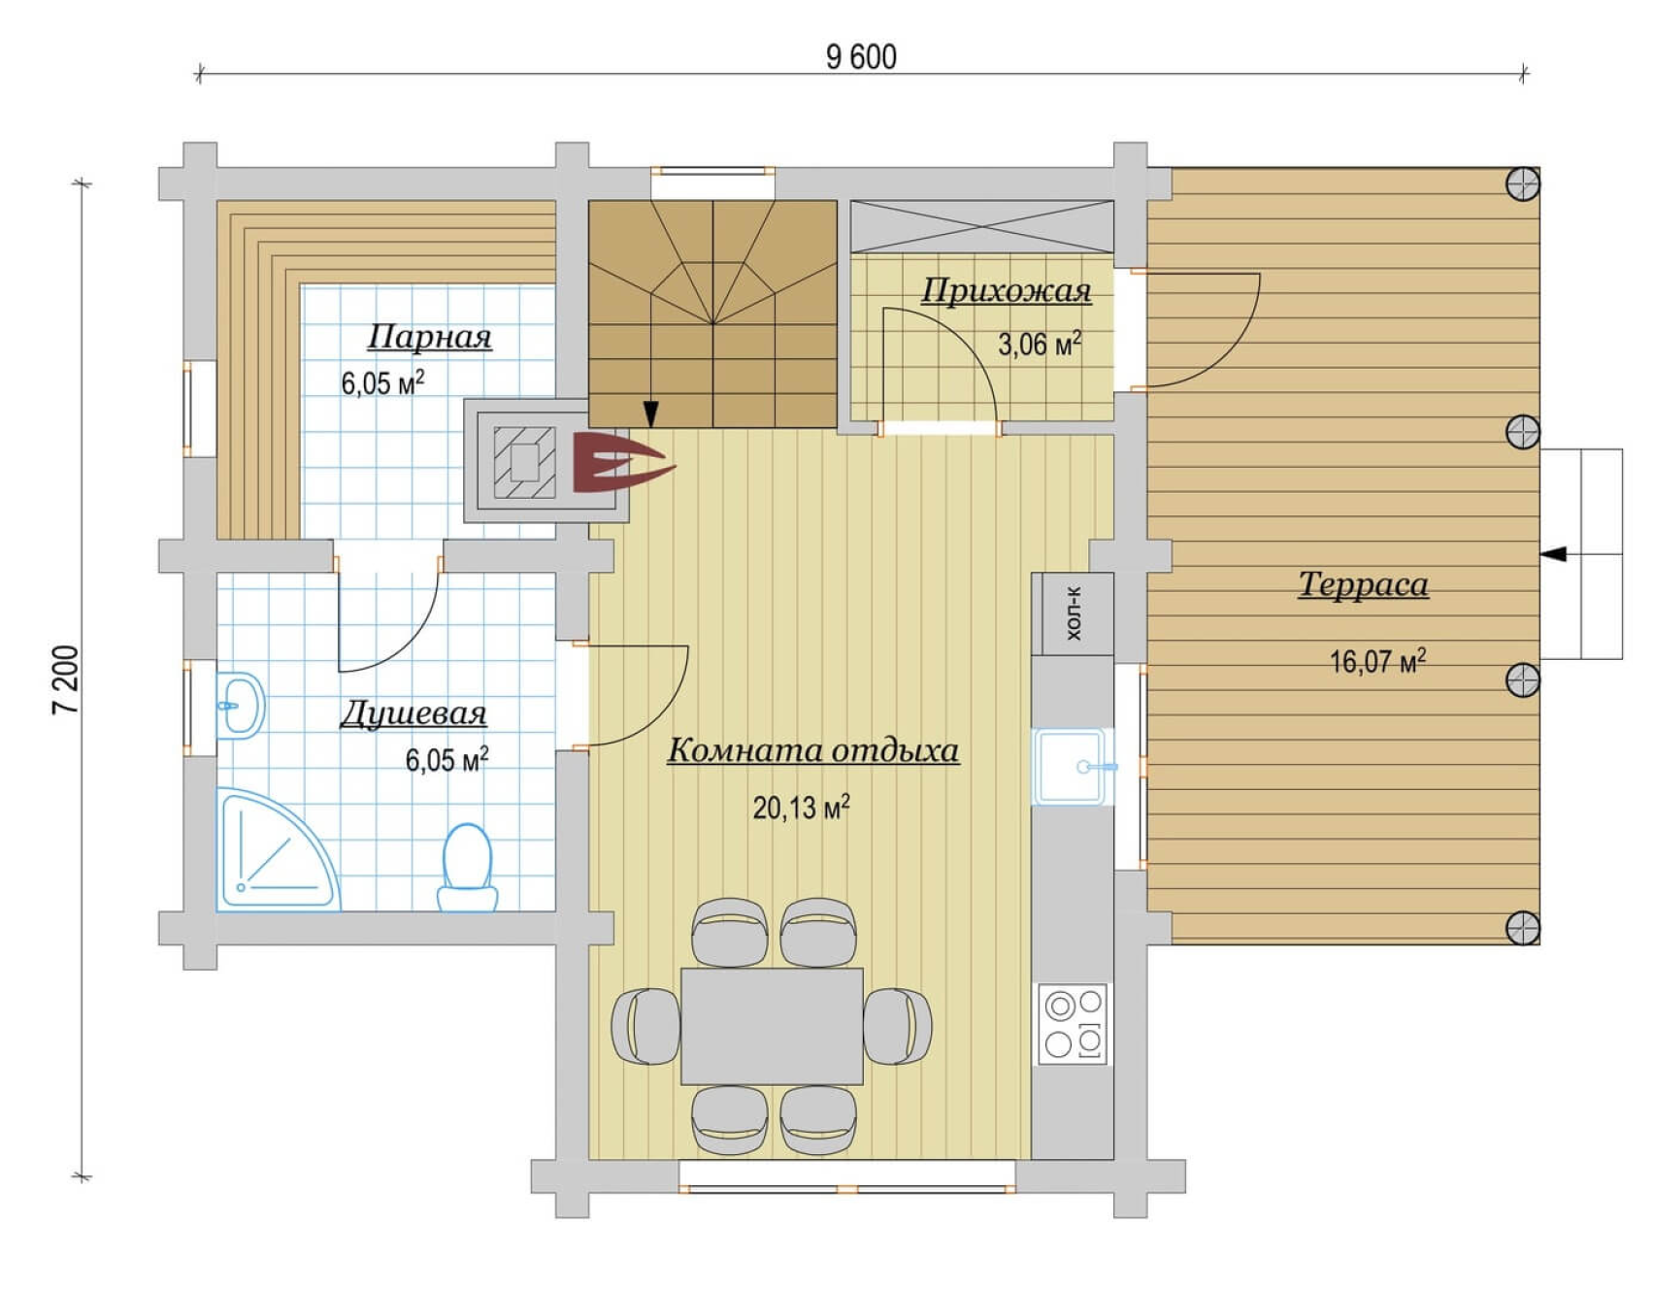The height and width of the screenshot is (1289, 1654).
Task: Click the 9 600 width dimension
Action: (x=861, y=57)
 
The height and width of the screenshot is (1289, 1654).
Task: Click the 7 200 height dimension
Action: (x=66, y=679)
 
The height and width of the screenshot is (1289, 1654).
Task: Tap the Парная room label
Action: (x=429, y=336)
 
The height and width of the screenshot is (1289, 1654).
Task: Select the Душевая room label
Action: (x=413, y=713)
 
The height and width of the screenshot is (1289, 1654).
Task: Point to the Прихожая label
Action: (x=1007, y=289)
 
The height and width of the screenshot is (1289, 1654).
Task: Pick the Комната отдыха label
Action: (x=813, y=749)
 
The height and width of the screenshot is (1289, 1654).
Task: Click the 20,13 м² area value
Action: (x=801, y=807)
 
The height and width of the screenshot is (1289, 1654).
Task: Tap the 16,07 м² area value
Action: (x=1377, y=661)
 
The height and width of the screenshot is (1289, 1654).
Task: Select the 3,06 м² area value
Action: (x=1040, y=343)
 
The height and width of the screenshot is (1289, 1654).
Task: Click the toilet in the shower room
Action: (x=467, y=868)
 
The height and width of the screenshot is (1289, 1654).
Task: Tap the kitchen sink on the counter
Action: (x=1071, y=767)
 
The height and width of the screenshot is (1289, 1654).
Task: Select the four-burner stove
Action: (x=1074, y=1024)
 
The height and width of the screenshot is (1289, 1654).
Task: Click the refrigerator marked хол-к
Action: (x=1073, y=613)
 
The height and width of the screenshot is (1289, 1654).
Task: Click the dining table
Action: (x=772, y=1026)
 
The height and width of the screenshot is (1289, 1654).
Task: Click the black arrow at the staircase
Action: (x=651, y=414)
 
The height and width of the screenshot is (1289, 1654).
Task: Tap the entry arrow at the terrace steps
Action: (x=1555, y=554)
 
